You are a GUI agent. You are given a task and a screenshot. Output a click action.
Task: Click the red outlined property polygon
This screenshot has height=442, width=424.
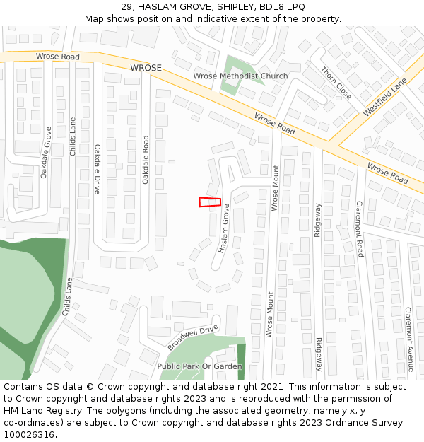(x=210, y=202)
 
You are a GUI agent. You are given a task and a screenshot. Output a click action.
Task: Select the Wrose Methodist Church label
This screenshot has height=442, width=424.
(x=240, y=76)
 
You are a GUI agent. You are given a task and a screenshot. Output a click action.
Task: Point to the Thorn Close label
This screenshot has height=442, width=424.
(x=336, y=83)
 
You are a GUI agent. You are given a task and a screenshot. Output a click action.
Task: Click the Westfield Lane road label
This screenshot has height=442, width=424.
(x=385, y=98)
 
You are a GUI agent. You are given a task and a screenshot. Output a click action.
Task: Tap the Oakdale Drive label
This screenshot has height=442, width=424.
(x=97, y=169)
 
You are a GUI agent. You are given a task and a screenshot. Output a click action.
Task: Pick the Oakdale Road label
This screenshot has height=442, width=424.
(x=146, y=160)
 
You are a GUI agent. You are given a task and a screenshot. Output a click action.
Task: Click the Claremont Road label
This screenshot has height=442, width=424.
(x=359, y=228)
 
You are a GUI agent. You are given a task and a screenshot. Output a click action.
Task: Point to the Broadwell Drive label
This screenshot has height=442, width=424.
(x=193, y=337)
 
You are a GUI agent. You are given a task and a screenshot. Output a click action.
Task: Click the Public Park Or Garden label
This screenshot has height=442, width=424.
(x=199, y=366)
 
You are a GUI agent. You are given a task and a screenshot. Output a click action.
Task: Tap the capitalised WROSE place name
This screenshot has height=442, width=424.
(x=146, y=68)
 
